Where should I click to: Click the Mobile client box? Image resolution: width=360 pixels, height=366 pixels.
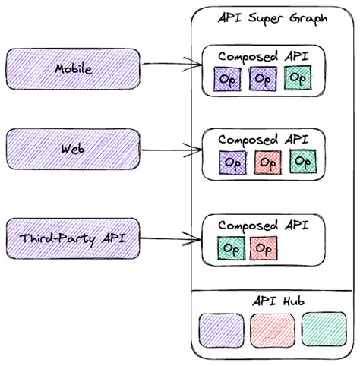click(73, 69)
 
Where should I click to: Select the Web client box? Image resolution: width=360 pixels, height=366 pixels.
click(73, 149)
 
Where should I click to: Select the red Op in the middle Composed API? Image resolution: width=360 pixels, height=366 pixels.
click(267, 162)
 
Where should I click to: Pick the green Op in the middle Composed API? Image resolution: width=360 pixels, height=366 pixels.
click(302, 161)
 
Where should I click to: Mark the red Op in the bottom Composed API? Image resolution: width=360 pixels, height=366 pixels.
click(262, 248)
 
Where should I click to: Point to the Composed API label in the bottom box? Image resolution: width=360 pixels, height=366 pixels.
click(262, 226)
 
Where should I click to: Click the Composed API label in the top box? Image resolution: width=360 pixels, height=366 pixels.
click(262, 57)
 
